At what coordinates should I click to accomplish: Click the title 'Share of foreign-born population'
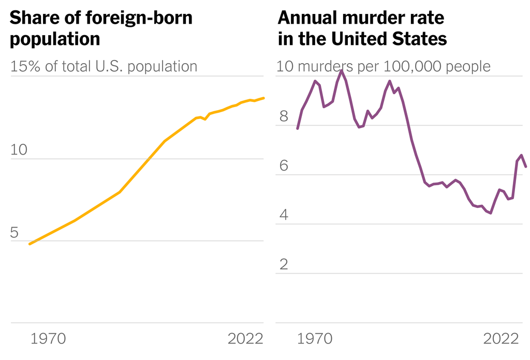[101, 28]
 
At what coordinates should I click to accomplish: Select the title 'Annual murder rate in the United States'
[362, 28]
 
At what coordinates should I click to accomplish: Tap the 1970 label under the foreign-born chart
[48, 339]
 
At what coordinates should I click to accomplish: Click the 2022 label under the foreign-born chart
[246, 339]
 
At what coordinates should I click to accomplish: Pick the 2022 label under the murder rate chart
[501, 339]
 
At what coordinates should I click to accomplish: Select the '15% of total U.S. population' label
[104, 67]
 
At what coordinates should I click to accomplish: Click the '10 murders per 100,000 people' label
[384, 67]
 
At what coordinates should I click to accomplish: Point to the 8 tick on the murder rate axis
[283, 117]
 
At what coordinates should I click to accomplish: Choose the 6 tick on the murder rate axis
[283, 167]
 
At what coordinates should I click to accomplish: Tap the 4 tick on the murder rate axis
[283, 216]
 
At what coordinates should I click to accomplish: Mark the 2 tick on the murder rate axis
[283, 265]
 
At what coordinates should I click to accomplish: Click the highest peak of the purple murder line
[342, 70]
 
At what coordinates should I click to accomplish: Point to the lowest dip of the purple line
[490, 213]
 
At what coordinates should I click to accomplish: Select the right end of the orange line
[264, 98]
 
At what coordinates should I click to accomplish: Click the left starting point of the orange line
[30, 244]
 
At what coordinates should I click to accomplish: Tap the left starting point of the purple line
[298, 128]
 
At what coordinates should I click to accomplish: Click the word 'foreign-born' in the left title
[143, 19]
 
